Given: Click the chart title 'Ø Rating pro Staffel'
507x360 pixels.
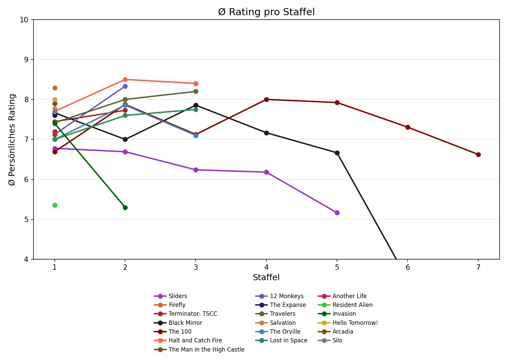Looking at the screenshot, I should pyautogui.click(x=266, y=12).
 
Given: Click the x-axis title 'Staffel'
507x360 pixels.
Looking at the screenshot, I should pyautogui.click(x=266, y=278).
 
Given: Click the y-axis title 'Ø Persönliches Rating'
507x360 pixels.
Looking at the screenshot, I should pyautogui.click(x=12, y=140).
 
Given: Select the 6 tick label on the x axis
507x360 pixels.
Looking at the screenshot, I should pyautogui.click(x=408, y=267).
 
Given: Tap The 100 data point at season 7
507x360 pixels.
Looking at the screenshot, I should pyautogui.click(x=478, y=154).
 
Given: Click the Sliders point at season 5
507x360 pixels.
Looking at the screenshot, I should pyautogui.click(x=337, y=213).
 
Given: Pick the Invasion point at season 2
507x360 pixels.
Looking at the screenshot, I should pyautogui.click(x=125, y=208).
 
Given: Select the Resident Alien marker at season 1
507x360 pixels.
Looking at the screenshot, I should pyautogui.click(x=55, y=205).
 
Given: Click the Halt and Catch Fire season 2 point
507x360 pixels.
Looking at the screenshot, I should pyautogui.click(x=125, y=79).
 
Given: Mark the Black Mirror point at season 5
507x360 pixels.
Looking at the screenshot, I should pyautogui.click(x=337, y=153).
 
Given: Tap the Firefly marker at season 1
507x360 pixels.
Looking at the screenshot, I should pyautogui.click(x=55, y=88).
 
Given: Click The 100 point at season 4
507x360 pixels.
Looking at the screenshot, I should pyautogui.click(x=266, y=99).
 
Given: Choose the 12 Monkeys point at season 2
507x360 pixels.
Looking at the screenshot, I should pyautogui.click(x=125, y=86).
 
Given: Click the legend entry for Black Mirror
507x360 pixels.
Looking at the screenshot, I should pyautogui.click(x=185, y=323).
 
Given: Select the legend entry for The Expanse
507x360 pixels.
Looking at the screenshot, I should pyautogui.click(x=288, y=305).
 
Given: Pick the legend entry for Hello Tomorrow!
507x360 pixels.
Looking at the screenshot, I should pyautogui.click(x=355, y=323).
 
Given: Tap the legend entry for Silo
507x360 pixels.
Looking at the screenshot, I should pyautogui.click(x=337, y=340).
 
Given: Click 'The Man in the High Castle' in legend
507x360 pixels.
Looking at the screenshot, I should pyautogui.click(x=206, y=350).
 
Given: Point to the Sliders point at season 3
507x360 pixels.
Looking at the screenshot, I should pyautogui.click(x=196, y=170).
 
